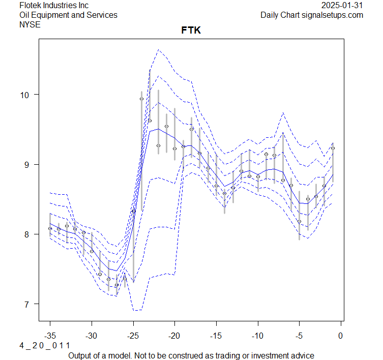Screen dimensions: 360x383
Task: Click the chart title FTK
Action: pos(191,31)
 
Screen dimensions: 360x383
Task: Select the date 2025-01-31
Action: pos(342,6)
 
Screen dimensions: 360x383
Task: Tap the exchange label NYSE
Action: pos(30,24)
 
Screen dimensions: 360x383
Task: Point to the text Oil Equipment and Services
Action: pos(68,15)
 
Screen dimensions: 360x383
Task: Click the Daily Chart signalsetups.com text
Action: pos(312,15)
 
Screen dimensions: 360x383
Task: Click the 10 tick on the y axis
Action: pos(25,95)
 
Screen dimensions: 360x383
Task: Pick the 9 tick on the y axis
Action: pos(28,164)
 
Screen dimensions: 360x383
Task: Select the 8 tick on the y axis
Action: pos(28,234)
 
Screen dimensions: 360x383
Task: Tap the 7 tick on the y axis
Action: pos(28,304)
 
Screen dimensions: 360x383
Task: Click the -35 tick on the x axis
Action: pos(50,336)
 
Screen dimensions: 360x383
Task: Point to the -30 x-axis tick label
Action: pos(92,336)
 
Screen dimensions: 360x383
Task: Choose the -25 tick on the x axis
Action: pos(133,336)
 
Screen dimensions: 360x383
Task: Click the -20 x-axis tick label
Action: pos(174,336)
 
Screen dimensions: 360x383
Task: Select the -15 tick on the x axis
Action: pos(216,336)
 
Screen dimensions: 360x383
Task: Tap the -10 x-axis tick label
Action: pos(257,336)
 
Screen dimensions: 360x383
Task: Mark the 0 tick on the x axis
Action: pos(341,336)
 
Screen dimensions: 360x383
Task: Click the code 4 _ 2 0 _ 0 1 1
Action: pos(45,346)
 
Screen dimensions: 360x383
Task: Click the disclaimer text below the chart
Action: pos(191,355)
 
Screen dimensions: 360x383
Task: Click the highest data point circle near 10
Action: pos(141,99)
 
